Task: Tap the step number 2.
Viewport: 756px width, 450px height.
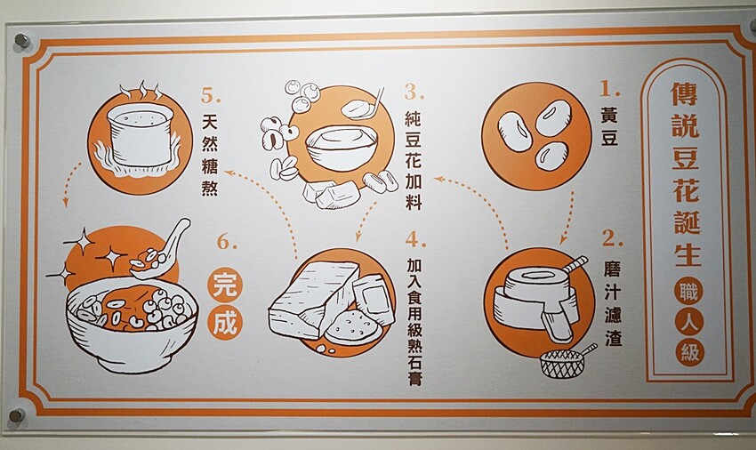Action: (612, 238)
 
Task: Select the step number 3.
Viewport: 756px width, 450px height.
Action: (414, 92)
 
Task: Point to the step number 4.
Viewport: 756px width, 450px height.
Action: (416, 238)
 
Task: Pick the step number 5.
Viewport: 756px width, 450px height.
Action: (211, 94)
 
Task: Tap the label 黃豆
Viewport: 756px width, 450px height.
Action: (609, 127)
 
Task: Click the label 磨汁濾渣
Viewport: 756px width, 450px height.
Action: (613, 303)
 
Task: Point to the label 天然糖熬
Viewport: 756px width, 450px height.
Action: (210, 155)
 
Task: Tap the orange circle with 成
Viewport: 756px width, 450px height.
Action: (225, 321)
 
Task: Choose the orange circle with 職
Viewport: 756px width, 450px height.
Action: (688, 292)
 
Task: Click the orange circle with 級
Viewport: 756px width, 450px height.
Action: (690, 351)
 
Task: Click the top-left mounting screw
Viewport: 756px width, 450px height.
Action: (21, 41)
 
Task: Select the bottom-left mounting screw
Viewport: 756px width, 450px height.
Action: (17, 415)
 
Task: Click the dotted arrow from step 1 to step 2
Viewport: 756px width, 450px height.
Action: (568, 218)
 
